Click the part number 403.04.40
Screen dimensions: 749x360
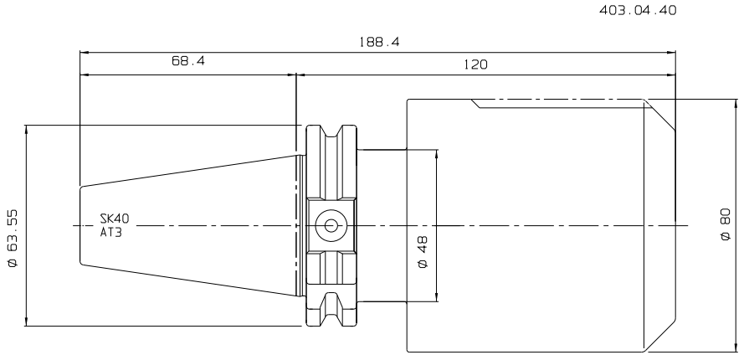click(638, 10)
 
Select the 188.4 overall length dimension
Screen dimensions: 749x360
click(379, 42)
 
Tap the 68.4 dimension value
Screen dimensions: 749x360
click(188, 61)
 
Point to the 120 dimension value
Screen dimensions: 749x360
click(476, 64)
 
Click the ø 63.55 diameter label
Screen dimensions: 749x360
click(13, 238)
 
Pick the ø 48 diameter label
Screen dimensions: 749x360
click(423, 251)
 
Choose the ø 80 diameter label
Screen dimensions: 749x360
click(725, 224)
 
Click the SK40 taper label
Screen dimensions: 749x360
click(114, 219)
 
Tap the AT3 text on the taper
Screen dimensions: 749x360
click(110, 233)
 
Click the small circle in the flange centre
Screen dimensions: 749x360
click(331, 226)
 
